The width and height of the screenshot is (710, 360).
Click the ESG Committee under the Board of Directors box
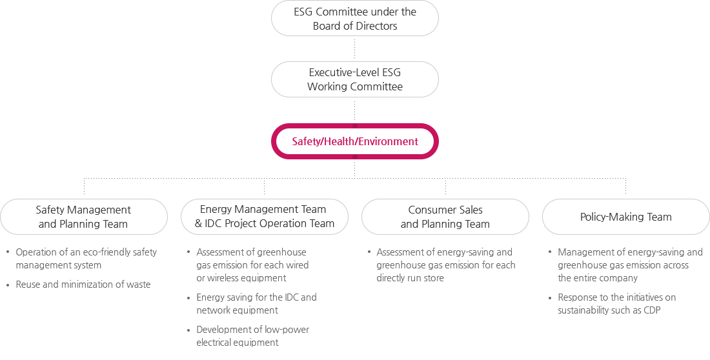coord(354,18)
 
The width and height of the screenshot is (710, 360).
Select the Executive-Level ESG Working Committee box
coord(354,79)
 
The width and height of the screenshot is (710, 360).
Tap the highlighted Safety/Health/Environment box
coord(354,141)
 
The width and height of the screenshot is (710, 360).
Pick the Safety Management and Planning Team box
coord(84,217)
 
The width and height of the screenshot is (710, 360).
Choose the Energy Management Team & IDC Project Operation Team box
coord(265,217)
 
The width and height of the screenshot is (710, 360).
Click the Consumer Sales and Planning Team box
coord(445,217)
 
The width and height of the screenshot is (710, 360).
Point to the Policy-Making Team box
coord(626,217)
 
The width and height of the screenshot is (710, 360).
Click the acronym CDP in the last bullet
coord(652,310)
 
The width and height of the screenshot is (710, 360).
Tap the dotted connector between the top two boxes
coord(354,49)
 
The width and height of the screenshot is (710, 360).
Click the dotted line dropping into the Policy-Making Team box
coord(626,186)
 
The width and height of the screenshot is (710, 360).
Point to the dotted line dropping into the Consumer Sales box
coord(445,186)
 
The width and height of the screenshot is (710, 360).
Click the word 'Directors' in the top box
coord(376,26)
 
